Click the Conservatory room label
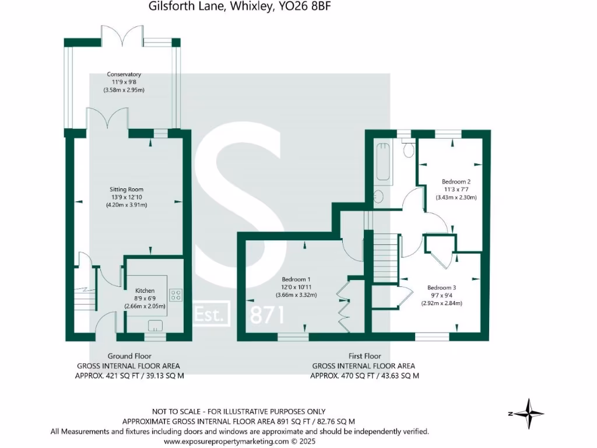[x=124, y=75]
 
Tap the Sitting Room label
[x=127, y=190]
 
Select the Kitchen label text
[x=145, y=290]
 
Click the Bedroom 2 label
[x=456, y=181]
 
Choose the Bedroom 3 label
[x=441, y=288]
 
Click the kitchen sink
[x=156, y=325]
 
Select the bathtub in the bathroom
[x=384, y=162]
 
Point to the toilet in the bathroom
[x=408, y=149]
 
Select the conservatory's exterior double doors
[x=121, y=35]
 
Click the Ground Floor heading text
[x=129, y=356]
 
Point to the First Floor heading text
[x=364, y=356]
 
